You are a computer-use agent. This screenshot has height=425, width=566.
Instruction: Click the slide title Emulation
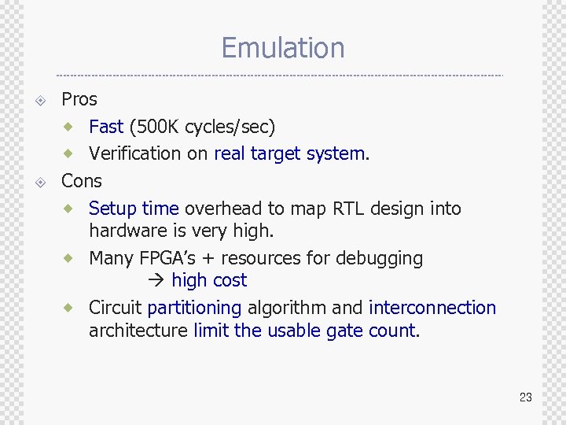(283, 48)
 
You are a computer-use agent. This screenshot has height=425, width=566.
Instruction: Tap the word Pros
(79, 99)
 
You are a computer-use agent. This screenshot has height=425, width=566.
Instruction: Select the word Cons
(82, 181)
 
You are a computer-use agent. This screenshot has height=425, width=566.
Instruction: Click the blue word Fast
(106, 127)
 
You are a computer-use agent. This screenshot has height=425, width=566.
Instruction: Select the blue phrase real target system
(289, 153)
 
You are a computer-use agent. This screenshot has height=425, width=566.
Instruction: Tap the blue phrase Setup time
(134, 209)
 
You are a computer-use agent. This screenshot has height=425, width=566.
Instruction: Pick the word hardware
(127, 231)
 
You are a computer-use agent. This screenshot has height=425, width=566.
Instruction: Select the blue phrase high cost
(209, 281)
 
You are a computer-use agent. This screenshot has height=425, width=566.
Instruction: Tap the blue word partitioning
(194, 308)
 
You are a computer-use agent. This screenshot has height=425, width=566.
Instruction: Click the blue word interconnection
(432, 308)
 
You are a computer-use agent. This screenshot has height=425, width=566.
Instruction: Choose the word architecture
(138, 331)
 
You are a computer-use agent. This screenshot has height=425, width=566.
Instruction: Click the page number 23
(525, 397)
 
